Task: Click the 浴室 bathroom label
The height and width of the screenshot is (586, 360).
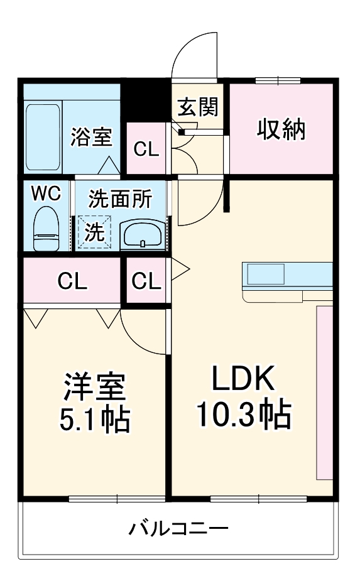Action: (x=91, y=136)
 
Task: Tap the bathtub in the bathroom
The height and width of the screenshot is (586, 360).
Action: (x=43, y=136)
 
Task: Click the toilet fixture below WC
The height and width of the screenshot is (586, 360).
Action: (x=46, y=230)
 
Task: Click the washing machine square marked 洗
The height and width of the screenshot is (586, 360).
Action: (x=94, y=232)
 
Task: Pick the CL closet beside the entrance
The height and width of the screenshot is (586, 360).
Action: (x=146, y=149)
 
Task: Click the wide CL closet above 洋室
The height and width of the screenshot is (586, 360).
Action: (x=72, y=281)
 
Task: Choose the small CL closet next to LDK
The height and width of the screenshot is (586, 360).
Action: (x=146, y=281)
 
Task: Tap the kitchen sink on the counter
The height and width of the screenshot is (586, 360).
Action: (x=266, y=274)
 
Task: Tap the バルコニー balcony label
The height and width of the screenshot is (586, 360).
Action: (x=178, y=528)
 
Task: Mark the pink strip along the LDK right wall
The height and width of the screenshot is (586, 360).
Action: (x=324, y=393)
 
